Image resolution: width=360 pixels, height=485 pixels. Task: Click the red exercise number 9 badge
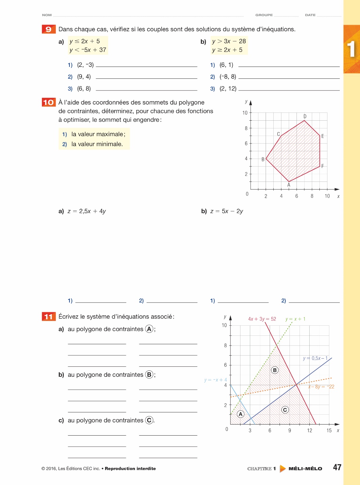click(x=49, y=29)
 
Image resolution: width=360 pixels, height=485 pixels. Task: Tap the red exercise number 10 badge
click(x=49, y=102)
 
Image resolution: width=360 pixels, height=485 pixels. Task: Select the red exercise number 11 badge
click(x=49, y=317)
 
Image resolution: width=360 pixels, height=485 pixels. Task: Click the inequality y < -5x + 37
click(x=88, y=50)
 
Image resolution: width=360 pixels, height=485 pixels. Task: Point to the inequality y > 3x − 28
click(x=229, y=41)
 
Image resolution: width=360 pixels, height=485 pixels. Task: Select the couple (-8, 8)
click(x=228, y=77)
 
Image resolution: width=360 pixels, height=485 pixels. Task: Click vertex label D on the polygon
click(x=305, y=116)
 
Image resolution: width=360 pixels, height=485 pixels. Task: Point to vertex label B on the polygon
click(x=263, y=159)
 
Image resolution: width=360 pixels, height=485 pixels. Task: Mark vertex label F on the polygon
click(x=323, y=166)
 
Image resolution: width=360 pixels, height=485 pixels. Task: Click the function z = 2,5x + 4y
click(x=87, y=211)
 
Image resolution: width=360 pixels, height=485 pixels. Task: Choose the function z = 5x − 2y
click(x=227, y=211)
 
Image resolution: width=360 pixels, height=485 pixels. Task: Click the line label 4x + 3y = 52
click(x=262, y=319)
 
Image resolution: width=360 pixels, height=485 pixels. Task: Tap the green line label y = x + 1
click(x=296, y=319)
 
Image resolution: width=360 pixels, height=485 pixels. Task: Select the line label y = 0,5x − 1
click(x=315, y=358)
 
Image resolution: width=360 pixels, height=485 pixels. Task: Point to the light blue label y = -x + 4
click(x=216, y=380)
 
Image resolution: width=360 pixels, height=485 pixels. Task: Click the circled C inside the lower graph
click(x=285, y=410)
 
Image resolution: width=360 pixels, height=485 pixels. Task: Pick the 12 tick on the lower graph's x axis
click(x=310, y=431)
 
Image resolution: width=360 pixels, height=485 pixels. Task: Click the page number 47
click(x=337, y=467)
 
